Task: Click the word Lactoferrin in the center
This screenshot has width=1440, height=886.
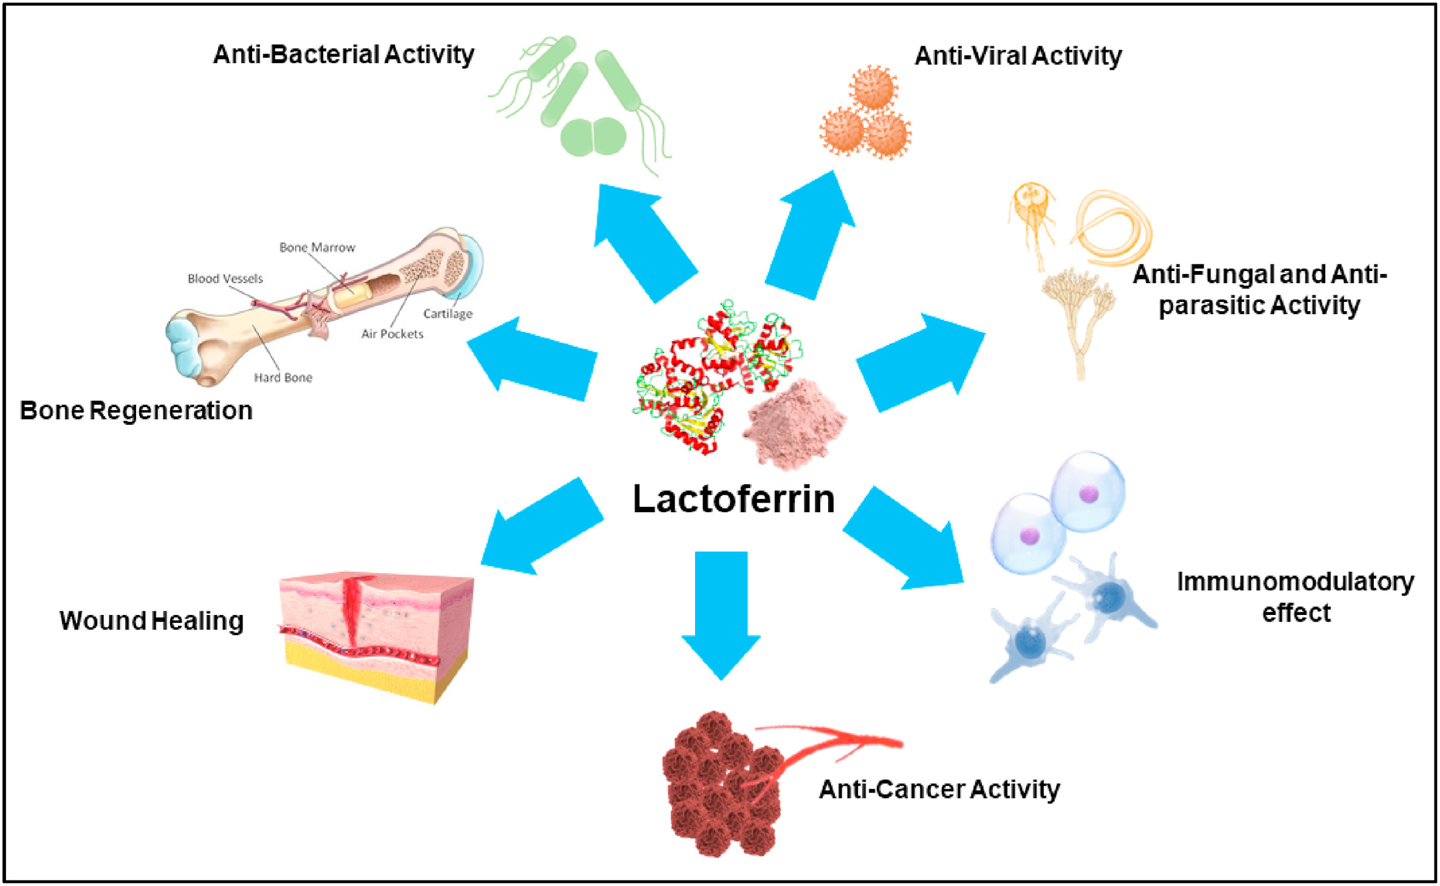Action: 733,499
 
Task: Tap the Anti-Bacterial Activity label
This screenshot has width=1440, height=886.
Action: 343,55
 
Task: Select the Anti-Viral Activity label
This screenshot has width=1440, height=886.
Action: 1018,56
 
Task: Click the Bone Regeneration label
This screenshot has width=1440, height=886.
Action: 136,410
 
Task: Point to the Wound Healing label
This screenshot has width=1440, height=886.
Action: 151,620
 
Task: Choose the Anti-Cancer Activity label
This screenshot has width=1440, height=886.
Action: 939,789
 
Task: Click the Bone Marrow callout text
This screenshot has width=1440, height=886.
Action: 317,247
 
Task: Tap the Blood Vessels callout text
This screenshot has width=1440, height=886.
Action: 225,278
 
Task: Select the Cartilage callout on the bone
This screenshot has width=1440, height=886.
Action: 448,314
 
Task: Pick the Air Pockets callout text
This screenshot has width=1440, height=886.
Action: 392,334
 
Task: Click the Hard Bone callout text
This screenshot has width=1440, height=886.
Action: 283,377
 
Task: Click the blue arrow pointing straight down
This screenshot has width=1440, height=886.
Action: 721,615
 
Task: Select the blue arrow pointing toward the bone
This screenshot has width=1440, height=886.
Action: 532,359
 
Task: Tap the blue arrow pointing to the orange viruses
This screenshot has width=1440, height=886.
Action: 811,235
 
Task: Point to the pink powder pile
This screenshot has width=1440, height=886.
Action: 794,424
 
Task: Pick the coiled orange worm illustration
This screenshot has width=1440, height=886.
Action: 1112,228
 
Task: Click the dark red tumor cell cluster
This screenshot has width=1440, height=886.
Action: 720,784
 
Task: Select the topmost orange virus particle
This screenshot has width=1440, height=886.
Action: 873,89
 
